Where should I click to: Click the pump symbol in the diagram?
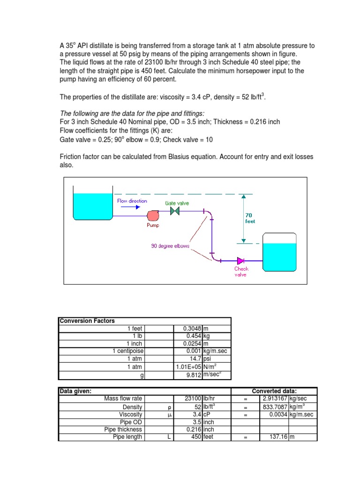tap(153, 215)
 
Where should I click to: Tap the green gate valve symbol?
tap(175, 211)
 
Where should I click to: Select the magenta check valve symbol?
tap(241, 261)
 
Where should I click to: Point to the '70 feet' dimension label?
tap(250, 218)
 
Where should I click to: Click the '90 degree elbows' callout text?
tap(170, 246)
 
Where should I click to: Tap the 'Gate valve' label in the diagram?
tap(177, 203)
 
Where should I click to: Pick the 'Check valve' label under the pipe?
tap(241, 272)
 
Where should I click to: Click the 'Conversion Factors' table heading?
tap(87, 321)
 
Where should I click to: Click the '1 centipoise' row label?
tap(127, 351)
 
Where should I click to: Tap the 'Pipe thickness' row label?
tap(123, 429)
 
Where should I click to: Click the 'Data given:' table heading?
tap(75, 391)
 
